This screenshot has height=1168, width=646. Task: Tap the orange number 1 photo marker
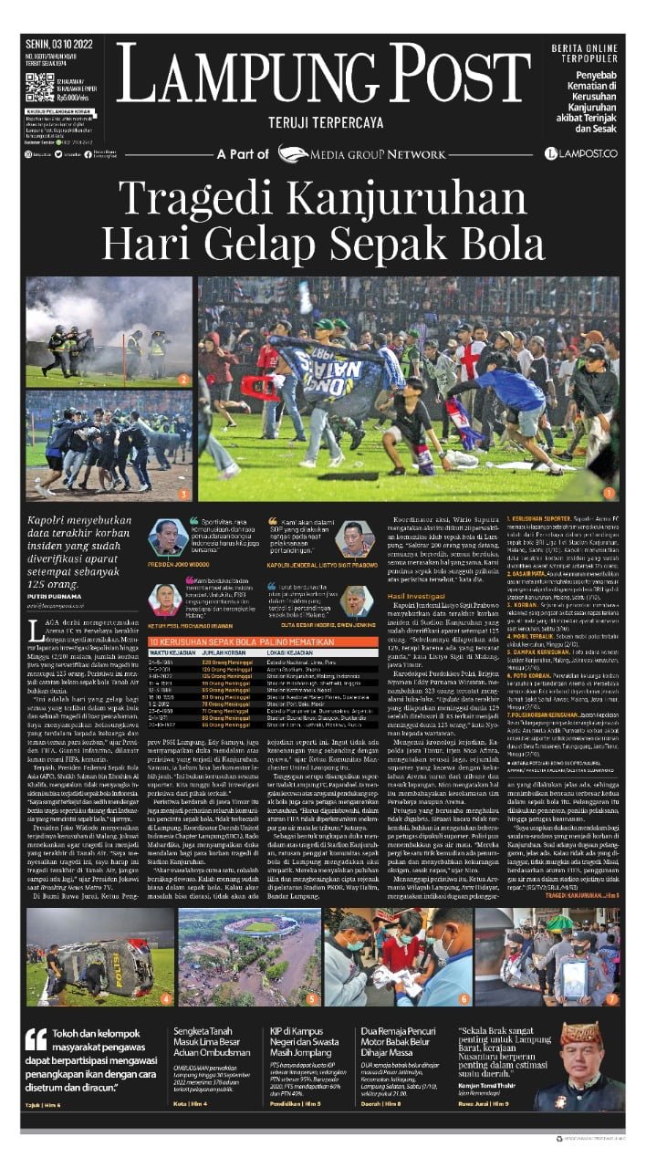(610, 493)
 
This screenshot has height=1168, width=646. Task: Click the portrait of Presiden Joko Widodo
(168, 538)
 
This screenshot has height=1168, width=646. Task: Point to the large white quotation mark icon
(36, 1040)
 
